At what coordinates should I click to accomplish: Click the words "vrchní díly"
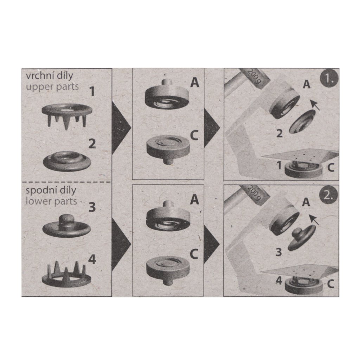click(49, 76)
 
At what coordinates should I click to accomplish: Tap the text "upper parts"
click(52, 87)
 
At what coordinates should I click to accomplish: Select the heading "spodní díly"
click(51, 190)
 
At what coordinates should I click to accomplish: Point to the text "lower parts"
click(51, 201)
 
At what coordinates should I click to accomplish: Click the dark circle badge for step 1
click(329, 79)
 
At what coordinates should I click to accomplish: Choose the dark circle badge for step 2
click(329, 196)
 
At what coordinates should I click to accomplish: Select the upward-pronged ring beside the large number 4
click(66, 275)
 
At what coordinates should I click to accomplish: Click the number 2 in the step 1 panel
click(279, 133)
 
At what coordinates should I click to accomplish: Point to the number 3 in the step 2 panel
click(279, 252)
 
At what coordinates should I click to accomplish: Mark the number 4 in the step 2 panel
click(279, 281)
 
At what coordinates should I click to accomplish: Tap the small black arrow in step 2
click(314, 220)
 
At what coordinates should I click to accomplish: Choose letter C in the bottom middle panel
click(194, 254)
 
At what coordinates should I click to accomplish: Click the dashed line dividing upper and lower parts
click(66, 182)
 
